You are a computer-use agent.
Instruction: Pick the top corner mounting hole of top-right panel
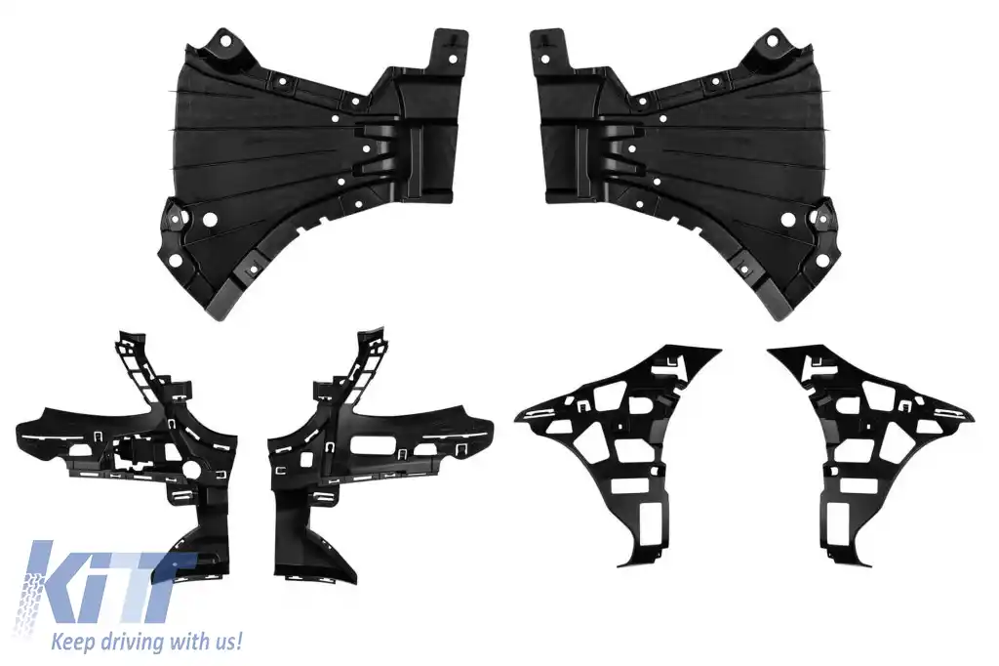[x=772, y=42]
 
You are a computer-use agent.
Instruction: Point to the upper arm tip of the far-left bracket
[x=121, y=335]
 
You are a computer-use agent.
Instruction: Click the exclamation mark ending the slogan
[x=237, y=641]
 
